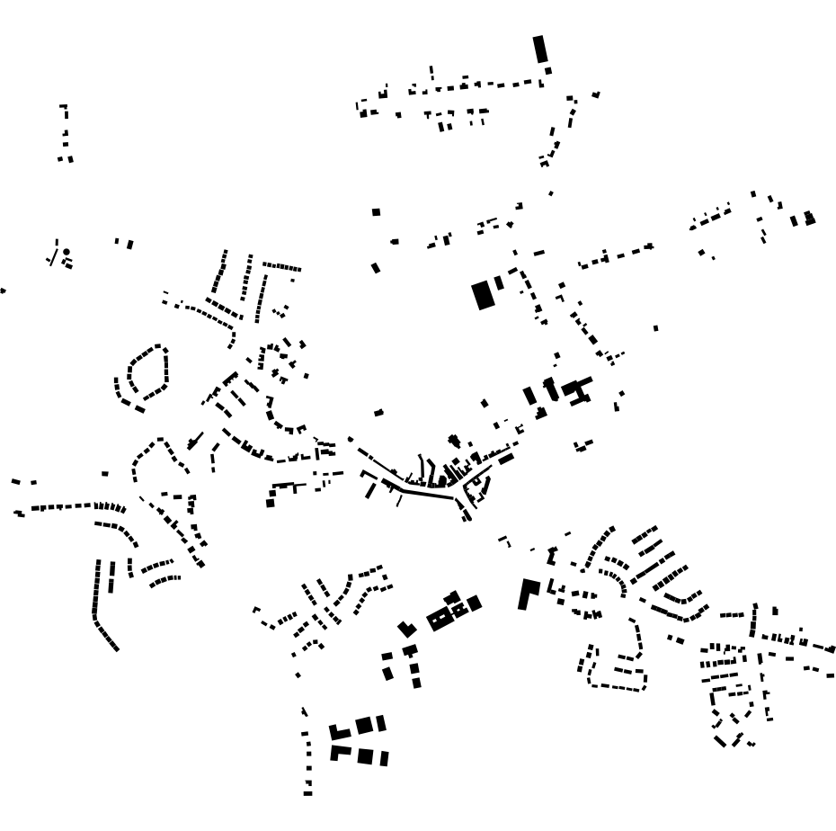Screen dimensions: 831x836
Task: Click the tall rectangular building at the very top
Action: tap(539, 49)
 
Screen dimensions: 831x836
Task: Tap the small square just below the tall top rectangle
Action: tap(548, 70)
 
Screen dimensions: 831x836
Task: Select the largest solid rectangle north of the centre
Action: tap(484, 295)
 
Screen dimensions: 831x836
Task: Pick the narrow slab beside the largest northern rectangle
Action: tap(500, 282)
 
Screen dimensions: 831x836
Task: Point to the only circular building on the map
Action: tap(67, 252)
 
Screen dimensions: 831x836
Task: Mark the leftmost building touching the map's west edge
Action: tap(2, 290)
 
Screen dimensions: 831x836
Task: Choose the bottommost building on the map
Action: tap(308, 792)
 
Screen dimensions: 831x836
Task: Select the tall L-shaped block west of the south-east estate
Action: tap(528, 593)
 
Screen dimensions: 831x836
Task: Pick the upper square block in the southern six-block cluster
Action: tap(364, 725)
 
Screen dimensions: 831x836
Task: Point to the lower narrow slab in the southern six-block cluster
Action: tap(385, 758)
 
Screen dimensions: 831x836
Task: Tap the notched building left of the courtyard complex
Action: tap(407, 628)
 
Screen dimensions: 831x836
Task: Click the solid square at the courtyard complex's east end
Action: tap(474, 603)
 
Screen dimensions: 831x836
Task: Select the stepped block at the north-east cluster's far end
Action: tap(809, 218)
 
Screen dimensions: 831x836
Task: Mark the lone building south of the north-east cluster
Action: tap(656, 328)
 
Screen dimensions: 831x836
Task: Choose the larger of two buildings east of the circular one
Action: tap(129, 244)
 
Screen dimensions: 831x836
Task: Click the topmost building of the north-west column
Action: tap(63, 106)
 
